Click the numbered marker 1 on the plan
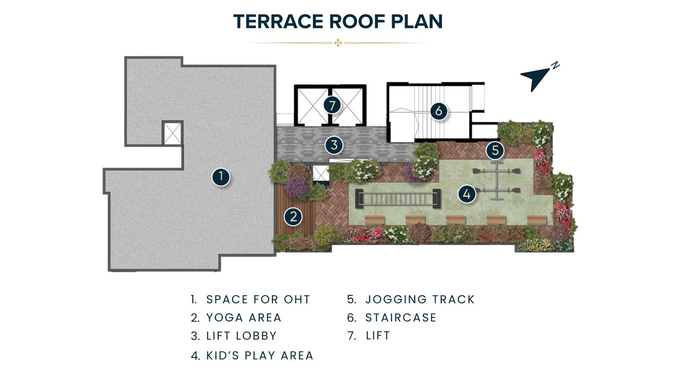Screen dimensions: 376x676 click(x=221, y=177)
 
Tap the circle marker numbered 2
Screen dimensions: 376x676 click(x=293, y=217)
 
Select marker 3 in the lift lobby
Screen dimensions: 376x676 click(x=334, y=145)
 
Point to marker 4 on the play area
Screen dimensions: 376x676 click(x=466, y=194)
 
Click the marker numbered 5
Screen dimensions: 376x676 click(x=495, y=150)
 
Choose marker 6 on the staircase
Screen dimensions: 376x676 click(x=439, y=111)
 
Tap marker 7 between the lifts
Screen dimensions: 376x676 click(x=332, y=105)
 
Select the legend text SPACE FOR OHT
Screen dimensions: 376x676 click(x=258, y=299)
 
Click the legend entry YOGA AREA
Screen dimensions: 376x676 click(x=243, y=318)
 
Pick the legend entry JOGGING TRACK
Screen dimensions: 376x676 click(x=420, y=299)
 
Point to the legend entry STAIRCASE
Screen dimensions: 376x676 click(x=401, y=318)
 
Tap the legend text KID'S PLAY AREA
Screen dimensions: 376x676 click(x=259, y=356)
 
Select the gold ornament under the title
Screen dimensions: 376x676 click(x=338, y=43)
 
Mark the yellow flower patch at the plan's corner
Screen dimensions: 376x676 click(x=535, y=245)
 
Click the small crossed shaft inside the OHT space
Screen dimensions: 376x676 click(x=172, y=133)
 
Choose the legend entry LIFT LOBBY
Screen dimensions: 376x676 click(x=241, y=336)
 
